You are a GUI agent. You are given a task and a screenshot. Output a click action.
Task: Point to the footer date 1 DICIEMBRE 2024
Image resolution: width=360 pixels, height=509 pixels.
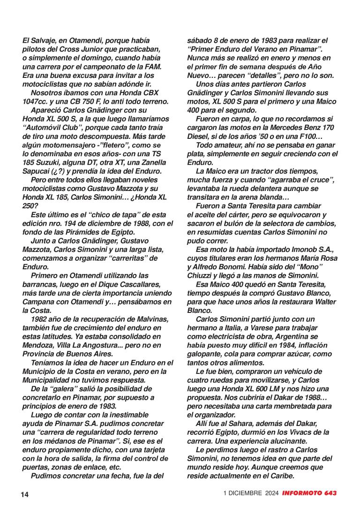pos(251,494)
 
